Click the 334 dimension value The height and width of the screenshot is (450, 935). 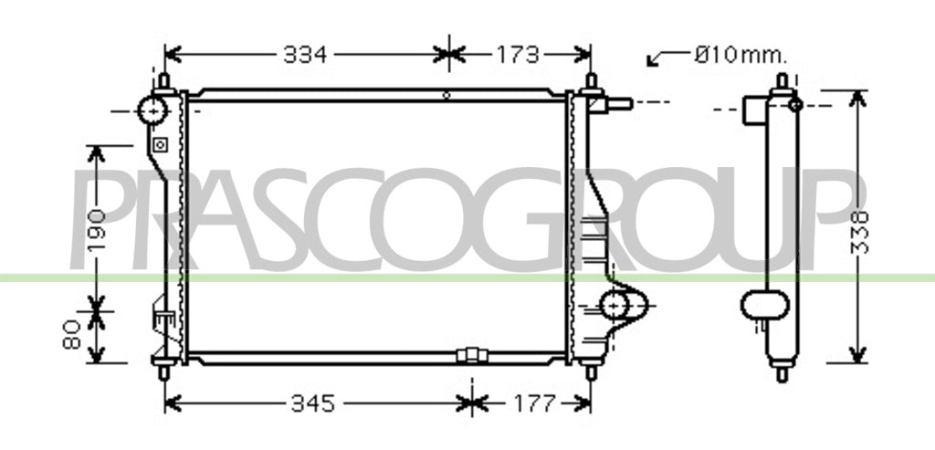pyautogui.click(x=305, y=55)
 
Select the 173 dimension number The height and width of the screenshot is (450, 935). pyautogui.click(x=518, y=55)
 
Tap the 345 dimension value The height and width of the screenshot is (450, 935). pyautogui.click(x=313, y=404)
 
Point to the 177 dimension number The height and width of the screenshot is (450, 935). pyautogui.click(x=533, y=404)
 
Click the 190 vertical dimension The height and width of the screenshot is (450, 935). pyautogui.click(x=96, y=229)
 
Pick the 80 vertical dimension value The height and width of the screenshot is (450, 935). pyautogui.click(x=71, y=334)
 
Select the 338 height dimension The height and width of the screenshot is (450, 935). pyautogui.click(x=859, y=233)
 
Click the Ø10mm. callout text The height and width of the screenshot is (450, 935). pyautogui.click(x=741, y=56)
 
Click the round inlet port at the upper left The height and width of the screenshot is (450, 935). pyautogui.click(x=152, y=110)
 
